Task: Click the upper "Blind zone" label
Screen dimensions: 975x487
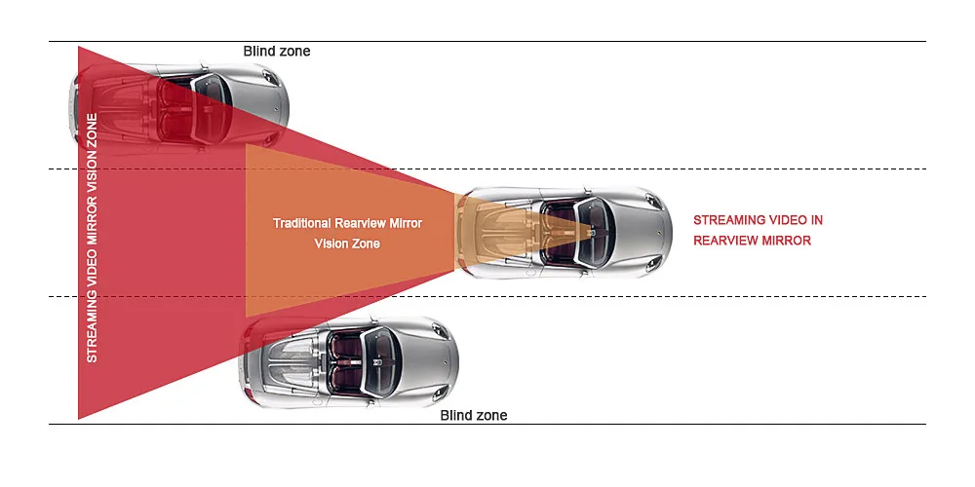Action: click(x=277, y=51)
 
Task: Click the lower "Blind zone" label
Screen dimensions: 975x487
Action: click(x=474, y=415)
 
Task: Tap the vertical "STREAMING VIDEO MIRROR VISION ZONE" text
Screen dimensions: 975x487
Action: click(x=92, y=238)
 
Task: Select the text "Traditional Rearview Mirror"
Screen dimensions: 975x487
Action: click(x=348, y=223)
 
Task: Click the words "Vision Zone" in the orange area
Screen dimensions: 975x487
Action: click(x=347, y=243)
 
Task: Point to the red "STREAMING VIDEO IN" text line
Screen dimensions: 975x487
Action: click(x=758, y=220)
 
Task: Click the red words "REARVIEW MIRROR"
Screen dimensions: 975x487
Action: click(x=753, y=241)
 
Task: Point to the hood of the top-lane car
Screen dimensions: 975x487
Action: click(x=260, y=104)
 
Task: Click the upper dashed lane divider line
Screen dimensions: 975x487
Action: click(x=487, y=169)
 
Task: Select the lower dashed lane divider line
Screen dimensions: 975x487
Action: click(x=487, y=296)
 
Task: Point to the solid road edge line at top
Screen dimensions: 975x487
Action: click(x=487, y=42)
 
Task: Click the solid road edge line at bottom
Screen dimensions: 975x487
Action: click(x=487, y=425)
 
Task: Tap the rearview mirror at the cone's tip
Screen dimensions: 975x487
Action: click(x=592, y=231)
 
